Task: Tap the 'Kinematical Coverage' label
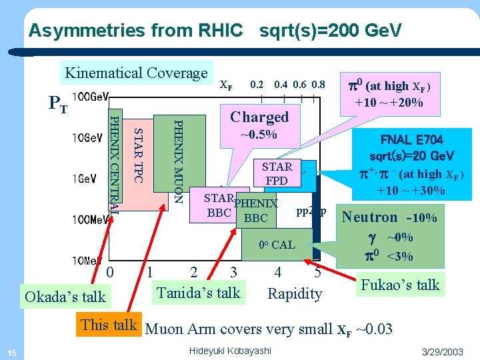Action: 135,73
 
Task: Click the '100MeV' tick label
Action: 90,219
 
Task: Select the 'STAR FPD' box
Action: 277,173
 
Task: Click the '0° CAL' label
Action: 277,245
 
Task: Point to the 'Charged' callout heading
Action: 259,117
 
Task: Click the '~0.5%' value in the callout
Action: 259,136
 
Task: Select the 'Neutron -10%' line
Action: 389,217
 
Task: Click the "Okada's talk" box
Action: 65,296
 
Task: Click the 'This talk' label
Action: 109,325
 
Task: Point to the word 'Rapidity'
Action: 295,293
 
